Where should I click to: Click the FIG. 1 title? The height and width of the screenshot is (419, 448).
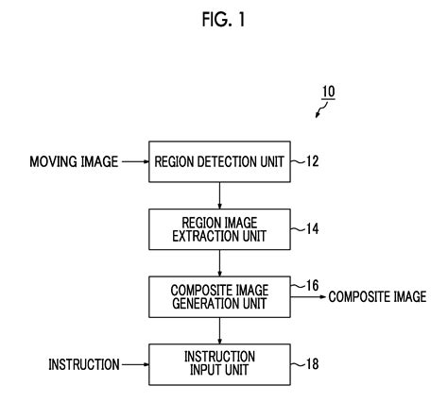tap(223, 19)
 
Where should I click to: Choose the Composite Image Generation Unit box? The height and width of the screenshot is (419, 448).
tap(218, 296)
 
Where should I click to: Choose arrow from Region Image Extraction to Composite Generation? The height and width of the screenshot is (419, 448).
tap(218, 262)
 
